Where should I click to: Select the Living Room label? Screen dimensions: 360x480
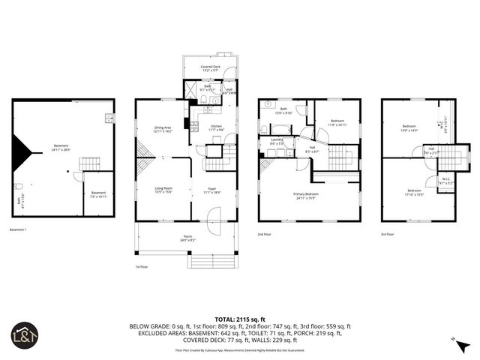(x=163, y=190)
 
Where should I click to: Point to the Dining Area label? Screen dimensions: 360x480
(x=163, y=129)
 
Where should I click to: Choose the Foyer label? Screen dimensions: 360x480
(x=213, y=190)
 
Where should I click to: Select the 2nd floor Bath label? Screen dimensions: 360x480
(x=283, y=110)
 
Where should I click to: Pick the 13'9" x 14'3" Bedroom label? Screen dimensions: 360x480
(x=409, y=127)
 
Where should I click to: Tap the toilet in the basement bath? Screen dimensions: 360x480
(x=25, y=185)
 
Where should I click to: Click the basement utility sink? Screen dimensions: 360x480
(x=109, y=118)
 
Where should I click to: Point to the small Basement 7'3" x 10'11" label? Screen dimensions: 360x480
(x=98, y=193)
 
